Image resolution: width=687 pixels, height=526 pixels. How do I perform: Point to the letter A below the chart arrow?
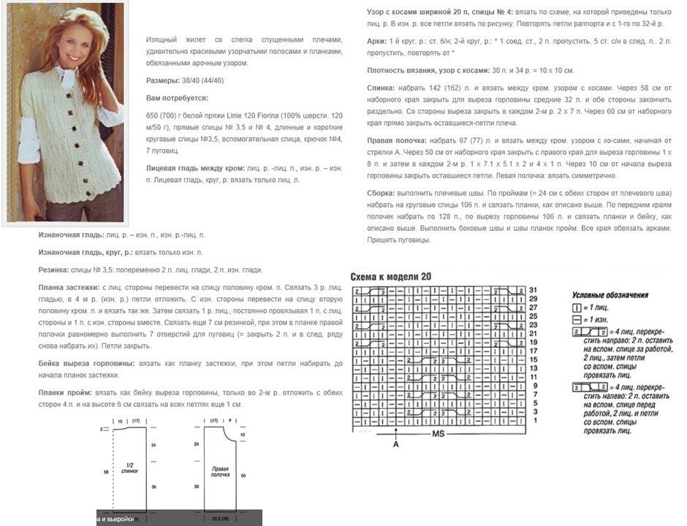(x=395, y=444)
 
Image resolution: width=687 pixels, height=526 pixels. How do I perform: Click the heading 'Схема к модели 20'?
(x=391, y=277)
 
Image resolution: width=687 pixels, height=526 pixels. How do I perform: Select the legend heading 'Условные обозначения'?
(x=610, y=295)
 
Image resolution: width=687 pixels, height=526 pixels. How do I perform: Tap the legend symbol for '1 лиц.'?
(x=577, y=308)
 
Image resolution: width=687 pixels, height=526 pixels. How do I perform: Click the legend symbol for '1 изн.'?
(x=577, y=320)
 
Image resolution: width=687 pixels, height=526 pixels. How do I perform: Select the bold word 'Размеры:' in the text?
(x=161, y=80)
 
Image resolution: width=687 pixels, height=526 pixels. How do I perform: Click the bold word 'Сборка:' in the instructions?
(x=383, y=193)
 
